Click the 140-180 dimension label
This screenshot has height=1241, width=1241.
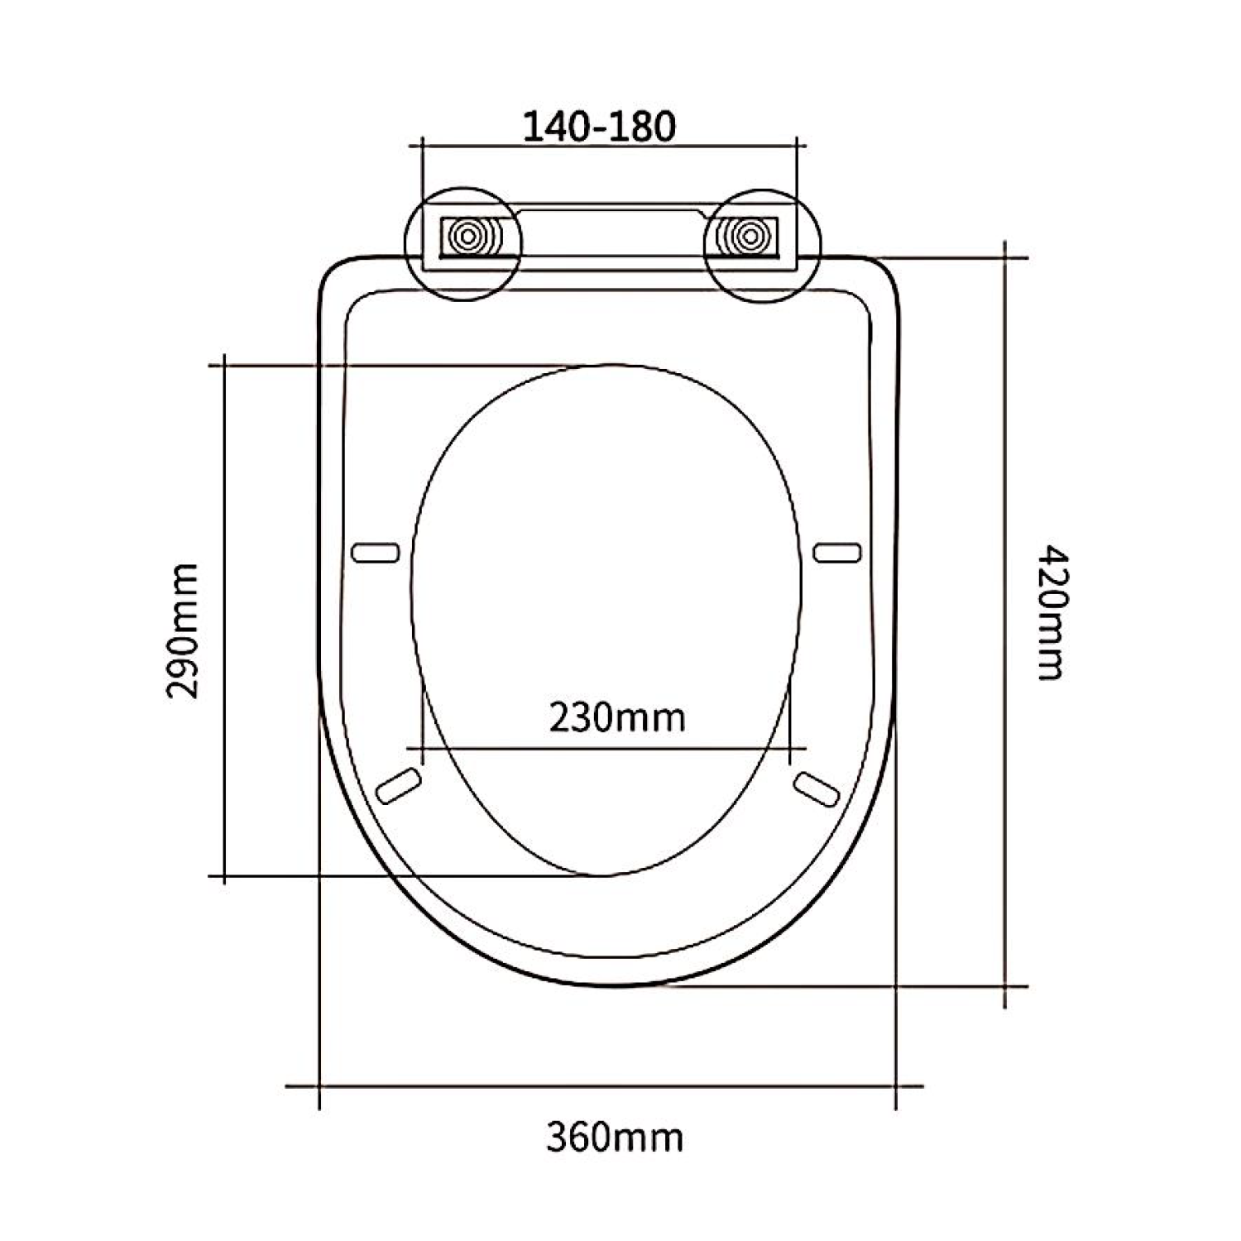tap(600, 126)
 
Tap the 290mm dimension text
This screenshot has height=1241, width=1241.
tap(183, 631)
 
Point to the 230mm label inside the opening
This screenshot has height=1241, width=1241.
tap(617, 716)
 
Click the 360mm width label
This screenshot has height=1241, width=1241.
tap(615, 1138)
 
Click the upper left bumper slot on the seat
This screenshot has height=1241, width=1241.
tap(376, 553)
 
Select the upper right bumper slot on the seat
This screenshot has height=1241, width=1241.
tap(837, 553)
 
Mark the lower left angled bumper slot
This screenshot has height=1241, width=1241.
tap(398, 785)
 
